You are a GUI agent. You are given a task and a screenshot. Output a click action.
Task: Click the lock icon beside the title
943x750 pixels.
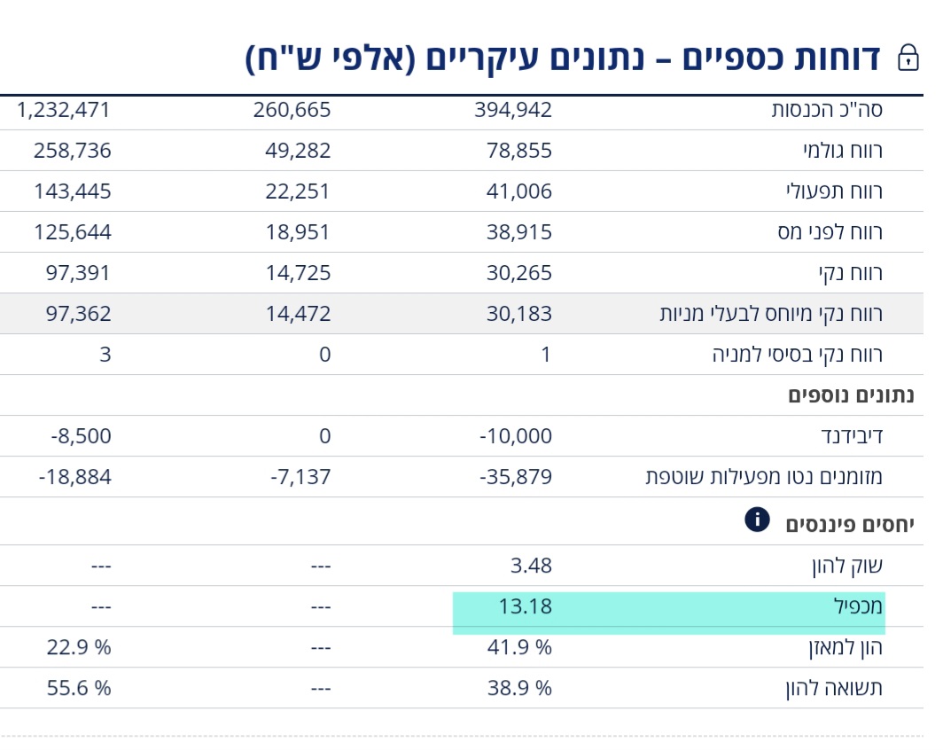[908, 58]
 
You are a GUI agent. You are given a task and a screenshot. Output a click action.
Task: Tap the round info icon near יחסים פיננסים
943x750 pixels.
[757, 520]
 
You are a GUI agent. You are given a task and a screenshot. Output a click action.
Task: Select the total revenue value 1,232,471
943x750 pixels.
[63, 110]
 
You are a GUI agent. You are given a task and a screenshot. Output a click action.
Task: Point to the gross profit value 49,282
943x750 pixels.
[298, 151]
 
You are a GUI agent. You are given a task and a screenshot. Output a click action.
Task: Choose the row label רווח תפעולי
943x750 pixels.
[834, 191]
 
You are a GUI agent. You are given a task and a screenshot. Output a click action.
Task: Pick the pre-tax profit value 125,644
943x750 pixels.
[73, 232]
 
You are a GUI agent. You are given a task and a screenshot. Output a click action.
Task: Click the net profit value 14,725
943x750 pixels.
[298, 273]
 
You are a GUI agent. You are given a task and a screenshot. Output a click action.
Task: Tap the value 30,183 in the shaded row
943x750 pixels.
[519, 314]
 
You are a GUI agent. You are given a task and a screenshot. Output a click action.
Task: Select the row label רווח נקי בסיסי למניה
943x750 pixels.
[798, 355]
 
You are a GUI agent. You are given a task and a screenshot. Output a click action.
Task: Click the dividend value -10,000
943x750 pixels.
[516, 436]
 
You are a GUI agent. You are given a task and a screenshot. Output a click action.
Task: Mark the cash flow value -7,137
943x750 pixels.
[300, 477]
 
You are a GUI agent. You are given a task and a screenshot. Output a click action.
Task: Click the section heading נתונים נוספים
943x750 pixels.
[851, 395]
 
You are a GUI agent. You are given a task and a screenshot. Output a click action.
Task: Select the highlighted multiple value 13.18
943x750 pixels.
[525, 607]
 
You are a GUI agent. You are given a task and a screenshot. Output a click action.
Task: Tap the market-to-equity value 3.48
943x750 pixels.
[531, 566]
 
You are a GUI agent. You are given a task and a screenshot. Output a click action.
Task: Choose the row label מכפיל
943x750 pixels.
[858, 607]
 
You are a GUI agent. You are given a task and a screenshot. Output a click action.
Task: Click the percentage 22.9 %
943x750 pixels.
[79, 648]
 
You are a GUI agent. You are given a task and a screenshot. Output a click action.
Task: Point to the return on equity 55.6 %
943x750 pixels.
[79, 689]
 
